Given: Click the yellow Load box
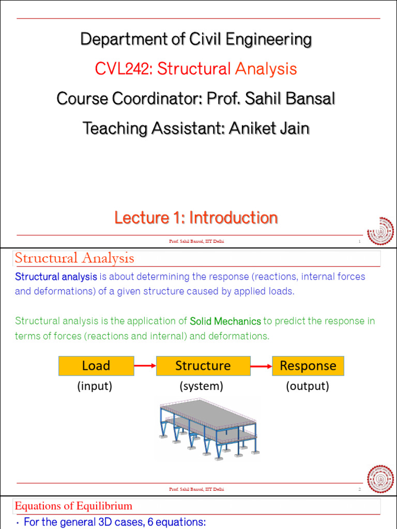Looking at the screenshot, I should [x=96, y=366].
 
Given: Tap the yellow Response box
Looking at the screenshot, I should [x=308, y=366].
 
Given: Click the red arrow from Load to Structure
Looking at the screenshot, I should [x=145, y=366].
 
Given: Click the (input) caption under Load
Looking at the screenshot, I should [x=95, y=386].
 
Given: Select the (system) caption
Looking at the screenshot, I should [x=202, y=386].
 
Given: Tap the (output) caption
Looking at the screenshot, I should [x=308, y=386].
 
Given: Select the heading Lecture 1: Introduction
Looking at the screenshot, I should [x=196, y=218].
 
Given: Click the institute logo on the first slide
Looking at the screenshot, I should [x=380, y=231].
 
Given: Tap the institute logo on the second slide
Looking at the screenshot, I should [x=380, y=479].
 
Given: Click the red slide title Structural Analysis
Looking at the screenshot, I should [x=74, y=258].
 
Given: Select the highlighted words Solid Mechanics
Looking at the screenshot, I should [x=225, y=321].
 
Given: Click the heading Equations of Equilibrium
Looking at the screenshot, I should [x=73, y=506].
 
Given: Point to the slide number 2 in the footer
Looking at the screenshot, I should [x=359, y=489].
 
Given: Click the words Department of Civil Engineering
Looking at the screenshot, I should [x=196, y=39].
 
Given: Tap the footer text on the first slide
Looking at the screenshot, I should [x=196, y=241].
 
